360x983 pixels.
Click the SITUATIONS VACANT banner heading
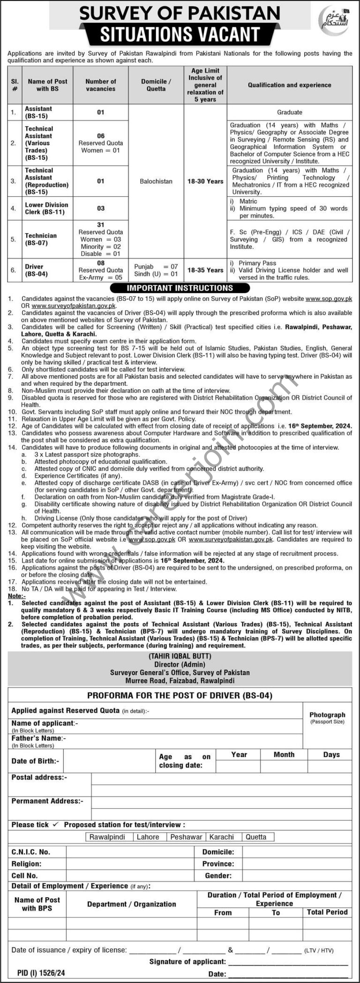[180, 35]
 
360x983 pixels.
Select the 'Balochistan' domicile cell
[156, 181]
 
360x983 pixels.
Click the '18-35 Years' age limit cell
[205, 270]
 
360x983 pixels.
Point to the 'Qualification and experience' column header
[289, 85]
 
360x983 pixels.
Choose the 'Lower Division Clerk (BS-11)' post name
[46, 208]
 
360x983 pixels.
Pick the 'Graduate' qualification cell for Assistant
[289, 112]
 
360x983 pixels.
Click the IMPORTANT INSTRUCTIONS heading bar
[180, 288]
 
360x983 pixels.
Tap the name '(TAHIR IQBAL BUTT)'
[180, 656]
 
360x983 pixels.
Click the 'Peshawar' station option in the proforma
[186, 837]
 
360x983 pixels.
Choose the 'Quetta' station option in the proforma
[255, 837]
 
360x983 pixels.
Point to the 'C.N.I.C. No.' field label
[31, 852]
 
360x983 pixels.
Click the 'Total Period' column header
[327, 912]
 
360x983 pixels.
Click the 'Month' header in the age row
[284, 755]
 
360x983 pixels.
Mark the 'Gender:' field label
[218, 875]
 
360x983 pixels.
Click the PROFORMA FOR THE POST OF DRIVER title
[180, 696]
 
